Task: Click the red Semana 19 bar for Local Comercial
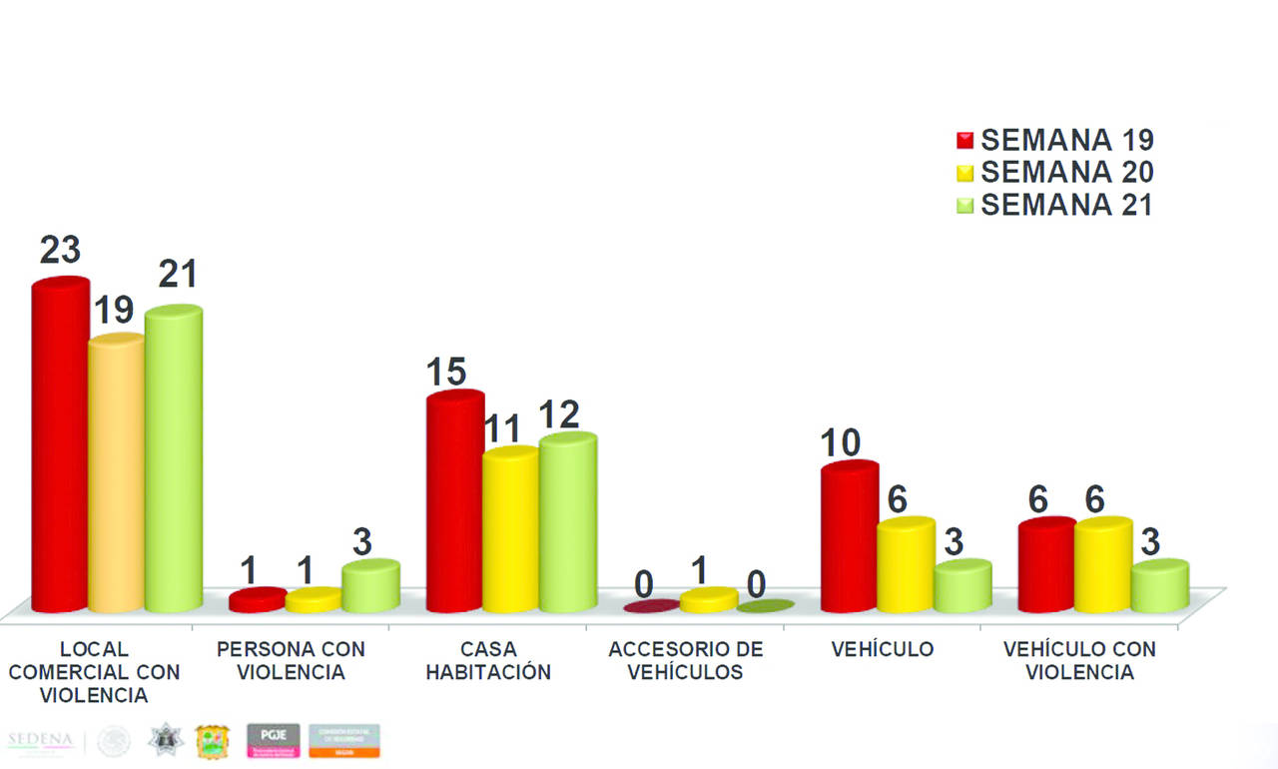pyautogui.click(x=60, y=449)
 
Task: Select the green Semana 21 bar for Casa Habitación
pyautogui.click(x=568, y=524)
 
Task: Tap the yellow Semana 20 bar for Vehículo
pyautogui.click(x=906, y=566)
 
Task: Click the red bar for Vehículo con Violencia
pyautogui.click(x=1046, y=566)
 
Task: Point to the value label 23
pyautogui.click(x=60, y=251)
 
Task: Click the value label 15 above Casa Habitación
pyautogui.click(x=446, y=373)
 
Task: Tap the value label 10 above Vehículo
pyautogui.click(x=842, y=441)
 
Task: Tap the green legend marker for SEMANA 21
pyautogui.click(x=965, y=206)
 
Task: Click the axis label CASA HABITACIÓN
pyautogui.click(x=488, y=660)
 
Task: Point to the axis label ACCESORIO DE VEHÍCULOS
pyautogui.click(x=685, y=660)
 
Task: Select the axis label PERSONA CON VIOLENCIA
pyautogui.click(x=291, y=660)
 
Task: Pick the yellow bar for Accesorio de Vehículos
pyautogui.click(x=709, y=600)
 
